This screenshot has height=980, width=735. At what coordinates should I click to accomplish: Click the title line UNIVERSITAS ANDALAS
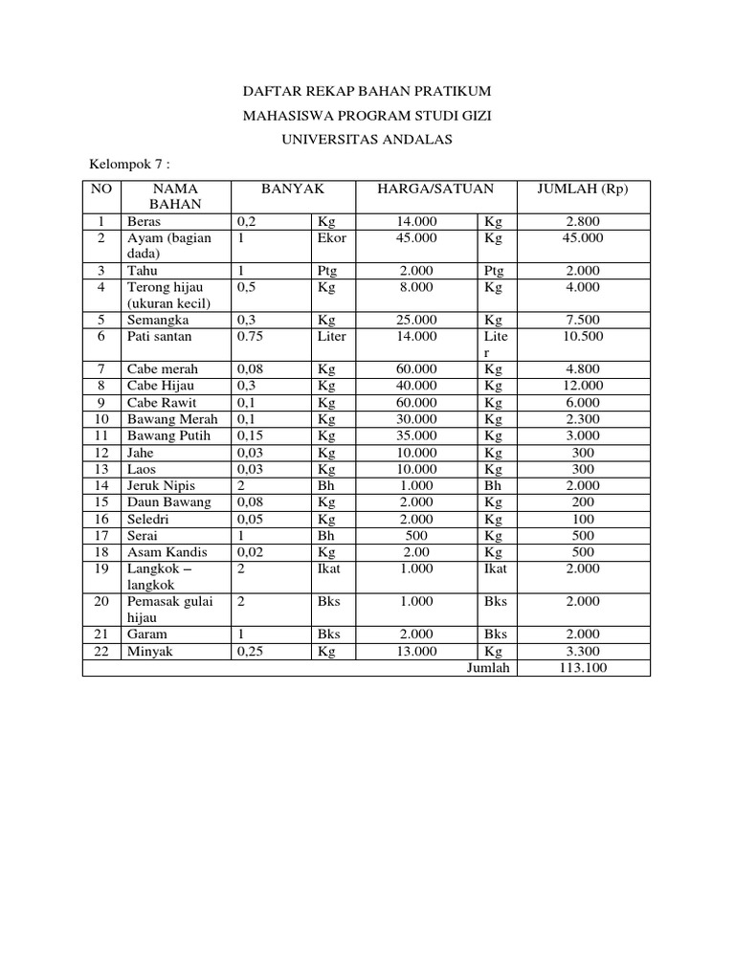(367, 140)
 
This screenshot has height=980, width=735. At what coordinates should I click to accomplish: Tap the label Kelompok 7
(128, 165)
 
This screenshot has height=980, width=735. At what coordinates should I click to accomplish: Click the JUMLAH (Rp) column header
(583, 189)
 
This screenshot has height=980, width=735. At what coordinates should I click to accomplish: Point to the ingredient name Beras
(145, 221)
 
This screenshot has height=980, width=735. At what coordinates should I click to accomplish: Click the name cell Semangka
(158, 320)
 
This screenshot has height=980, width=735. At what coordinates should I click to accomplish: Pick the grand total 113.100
(583, 667)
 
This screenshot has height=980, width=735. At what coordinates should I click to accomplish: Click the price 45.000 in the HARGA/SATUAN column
(416, 237)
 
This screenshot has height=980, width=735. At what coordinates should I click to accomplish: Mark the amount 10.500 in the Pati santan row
(583, 336)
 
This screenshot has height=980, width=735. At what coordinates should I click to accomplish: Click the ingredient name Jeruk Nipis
(161, 485)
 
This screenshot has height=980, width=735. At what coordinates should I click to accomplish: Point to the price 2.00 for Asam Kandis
(416, 551)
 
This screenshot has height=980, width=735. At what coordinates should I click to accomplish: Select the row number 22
(101, 651)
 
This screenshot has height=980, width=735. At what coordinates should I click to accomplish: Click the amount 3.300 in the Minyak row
(583, 651)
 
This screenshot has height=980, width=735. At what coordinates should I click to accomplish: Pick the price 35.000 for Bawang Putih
(416, 435)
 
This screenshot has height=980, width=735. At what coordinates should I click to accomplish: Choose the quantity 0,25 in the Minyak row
(250, 651)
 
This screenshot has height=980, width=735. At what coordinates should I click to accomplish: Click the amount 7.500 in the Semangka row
(583, 320)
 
